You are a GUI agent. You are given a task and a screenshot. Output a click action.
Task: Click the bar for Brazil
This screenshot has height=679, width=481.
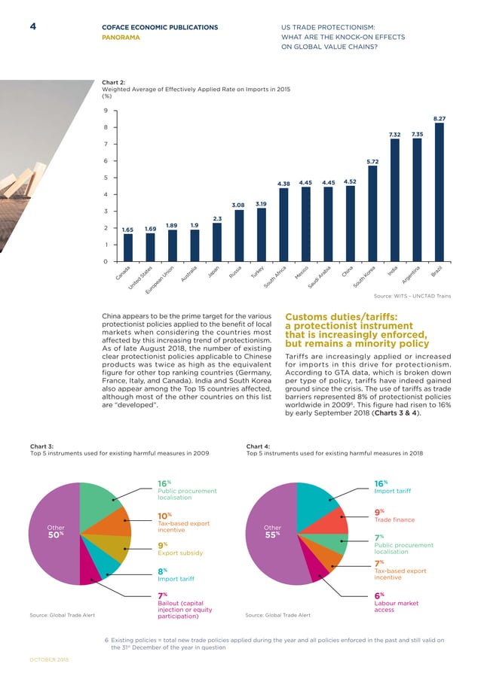click(439, 192)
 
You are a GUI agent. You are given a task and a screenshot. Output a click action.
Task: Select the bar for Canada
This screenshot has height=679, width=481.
click(128, 247)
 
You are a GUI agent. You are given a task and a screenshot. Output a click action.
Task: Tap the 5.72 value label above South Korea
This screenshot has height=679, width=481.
click(372, 161)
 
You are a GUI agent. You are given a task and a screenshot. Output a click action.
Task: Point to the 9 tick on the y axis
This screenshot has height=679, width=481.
click(106, 110)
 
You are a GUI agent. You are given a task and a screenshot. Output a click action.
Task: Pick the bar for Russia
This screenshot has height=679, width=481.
click(239, 235)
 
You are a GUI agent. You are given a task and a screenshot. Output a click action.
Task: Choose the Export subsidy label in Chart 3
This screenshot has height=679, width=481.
click(179, 553)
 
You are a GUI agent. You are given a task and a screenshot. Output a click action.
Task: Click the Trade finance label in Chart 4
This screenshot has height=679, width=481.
click(395, 519)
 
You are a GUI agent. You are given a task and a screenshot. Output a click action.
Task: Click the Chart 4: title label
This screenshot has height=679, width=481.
click(258, 446)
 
